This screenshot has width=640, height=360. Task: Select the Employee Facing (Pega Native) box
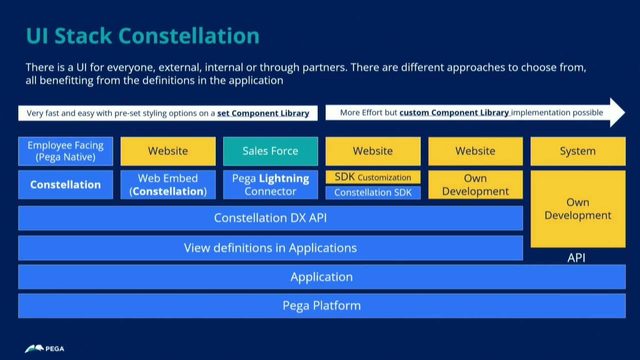65,151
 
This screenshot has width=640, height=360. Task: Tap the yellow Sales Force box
270,151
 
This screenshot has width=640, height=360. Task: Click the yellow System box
577,151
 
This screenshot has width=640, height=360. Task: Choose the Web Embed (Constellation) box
167,185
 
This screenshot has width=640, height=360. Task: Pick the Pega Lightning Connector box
270,185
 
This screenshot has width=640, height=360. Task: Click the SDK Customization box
373,177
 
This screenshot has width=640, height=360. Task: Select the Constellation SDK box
373,192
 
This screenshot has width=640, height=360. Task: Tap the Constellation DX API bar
270,218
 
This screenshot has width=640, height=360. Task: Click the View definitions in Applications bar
270,247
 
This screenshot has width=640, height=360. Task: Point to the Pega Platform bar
321,305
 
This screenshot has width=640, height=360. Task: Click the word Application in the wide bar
321,277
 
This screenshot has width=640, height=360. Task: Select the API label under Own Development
577,257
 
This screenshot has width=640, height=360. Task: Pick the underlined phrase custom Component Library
454,113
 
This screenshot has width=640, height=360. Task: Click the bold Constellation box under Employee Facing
65,185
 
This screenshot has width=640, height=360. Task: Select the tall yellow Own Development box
577,208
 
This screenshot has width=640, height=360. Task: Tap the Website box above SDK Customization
373,151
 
